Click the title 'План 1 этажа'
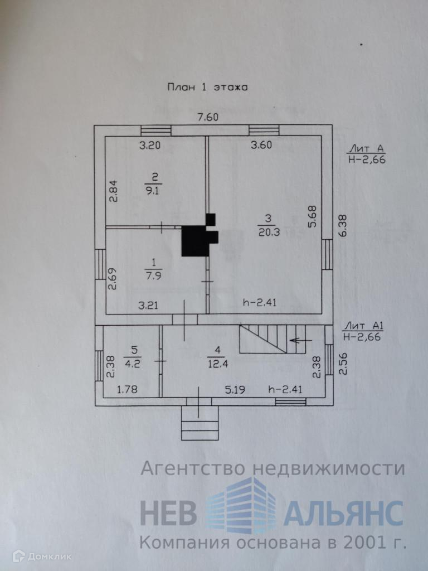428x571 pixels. pos(207,86)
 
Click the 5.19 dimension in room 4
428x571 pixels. pos(236,389)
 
